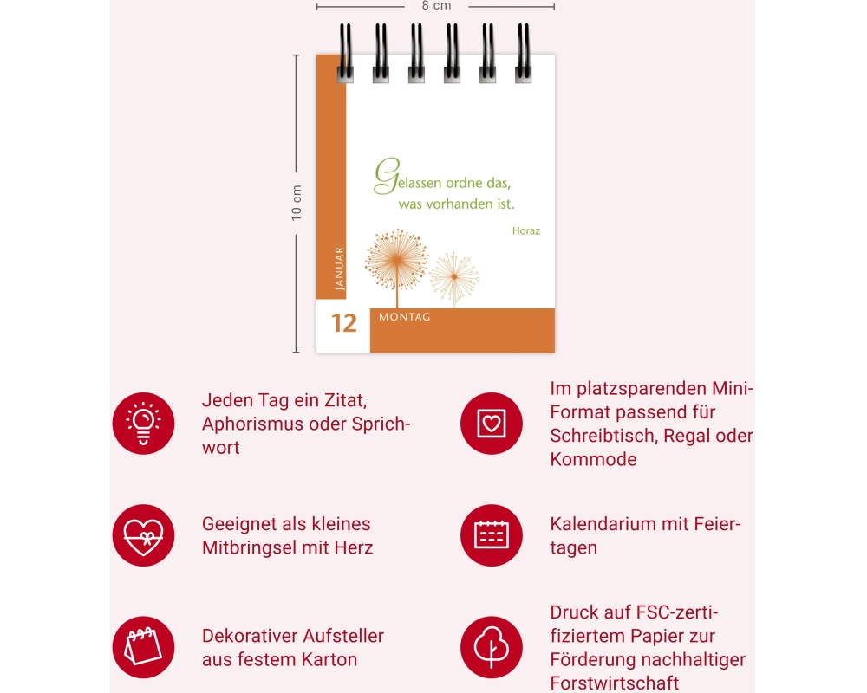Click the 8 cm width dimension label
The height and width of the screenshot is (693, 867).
click(x=436, y=5)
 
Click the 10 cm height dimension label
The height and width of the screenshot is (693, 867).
click(x=297, y=203)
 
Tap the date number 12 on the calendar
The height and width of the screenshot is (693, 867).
click(x=344, y=323)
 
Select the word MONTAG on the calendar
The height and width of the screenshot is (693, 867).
click(x=405, y=317)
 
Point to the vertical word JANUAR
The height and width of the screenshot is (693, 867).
click(x=340, y=269)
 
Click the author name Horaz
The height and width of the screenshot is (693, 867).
click(x=526, y=231)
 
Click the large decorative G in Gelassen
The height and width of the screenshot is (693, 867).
click(x=387, y=176)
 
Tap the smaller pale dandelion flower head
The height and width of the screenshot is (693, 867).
click(x=454, y=276)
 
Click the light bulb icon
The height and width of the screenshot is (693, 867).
click(x=143, y=424)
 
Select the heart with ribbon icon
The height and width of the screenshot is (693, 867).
click(x=143, y=535)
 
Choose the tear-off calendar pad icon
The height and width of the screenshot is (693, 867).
click(x=143, y=647)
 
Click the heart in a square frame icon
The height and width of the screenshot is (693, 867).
click(x=492, y=424)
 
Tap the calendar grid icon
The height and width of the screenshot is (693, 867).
click(x=492, y=535)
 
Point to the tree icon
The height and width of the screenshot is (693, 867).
click(x=492, y=647)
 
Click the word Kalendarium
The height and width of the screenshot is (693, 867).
click(x=603, y=524)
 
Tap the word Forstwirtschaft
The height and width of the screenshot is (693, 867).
click(x=615, y=683)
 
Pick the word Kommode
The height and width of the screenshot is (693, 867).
click(x=593, y=459)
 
